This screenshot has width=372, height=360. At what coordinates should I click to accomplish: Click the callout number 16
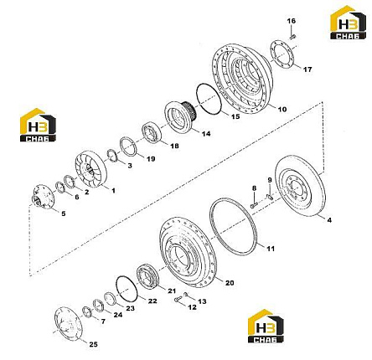point(292,21)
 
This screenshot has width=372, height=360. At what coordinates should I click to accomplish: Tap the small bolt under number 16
point(292,36)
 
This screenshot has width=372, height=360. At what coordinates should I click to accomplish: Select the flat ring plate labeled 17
point(283,54)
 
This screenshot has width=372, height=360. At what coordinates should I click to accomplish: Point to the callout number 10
point(282,109)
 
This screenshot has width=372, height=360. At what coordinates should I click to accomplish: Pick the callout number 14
point(206,134)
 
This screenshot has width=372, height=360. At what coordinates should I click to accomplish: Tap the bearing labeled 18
point(152,134)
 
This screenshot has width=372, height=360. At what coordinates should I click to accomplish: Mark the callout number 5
point(64,213)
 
